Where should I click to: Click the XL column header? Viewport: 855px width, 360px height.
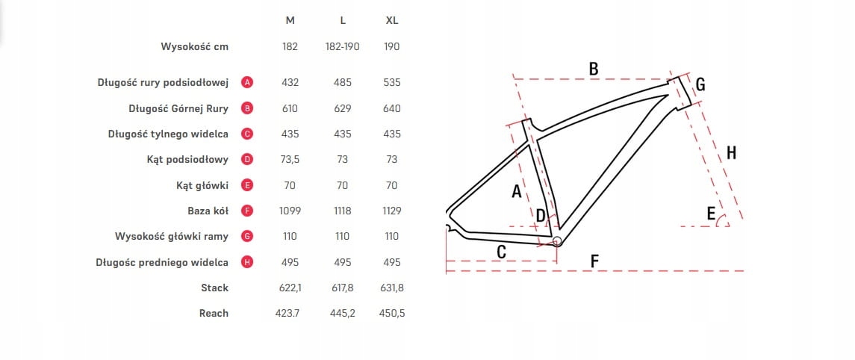[x=392, y=20]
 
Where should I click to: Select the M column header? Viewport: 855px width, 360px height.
[x=290, y=20]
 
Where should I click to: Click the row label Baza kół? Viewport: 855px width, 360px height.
[x=208, y=211]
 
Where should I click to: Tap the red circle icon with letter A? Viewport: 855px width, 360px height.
[x=247, y=83]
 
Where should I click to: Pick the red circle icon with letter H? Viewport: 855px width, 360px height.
[x=247, y=262]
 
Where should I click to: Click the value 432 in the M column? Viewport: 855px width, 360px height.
[x=290, y=83]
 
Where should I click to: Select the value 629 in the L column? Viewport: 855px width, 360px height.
[x=342, y=108]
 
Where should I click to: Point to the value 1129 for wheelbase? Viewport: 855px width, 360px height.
[x=392, y=211]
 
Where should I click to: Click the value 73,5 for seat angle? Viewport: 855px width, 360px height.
[x=290, y=160]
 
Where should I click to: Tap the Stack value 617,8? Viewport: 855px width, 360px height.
[x=342, y=288]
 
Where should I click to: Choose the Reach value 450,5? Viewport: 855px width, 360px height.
[x=392, y=313]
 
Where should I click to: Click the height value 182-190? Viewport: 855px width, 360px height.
[x=342, y=46]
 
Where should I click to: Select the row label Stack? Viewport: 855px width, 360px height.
[x=214, y=288]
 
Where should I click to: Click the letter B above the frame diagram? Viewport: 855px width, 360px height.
[x=594, y=69]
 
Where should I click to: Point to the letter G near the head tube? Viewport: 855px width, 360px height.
[x=700, y=84]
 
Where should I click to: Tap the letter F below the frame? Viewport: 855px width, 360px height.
[x=595, y=261]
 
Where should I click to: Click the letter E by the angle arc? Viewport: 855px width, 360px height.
[x=711, y=215]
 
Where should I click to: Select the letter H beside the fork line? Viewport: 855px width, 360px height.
[x=731, y=153]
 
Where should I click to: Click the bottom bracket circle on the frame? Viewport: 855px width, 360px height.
[x=556, y=240]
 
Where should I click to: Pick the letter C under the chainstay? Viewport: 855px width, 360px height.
[x=502, y=252]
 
